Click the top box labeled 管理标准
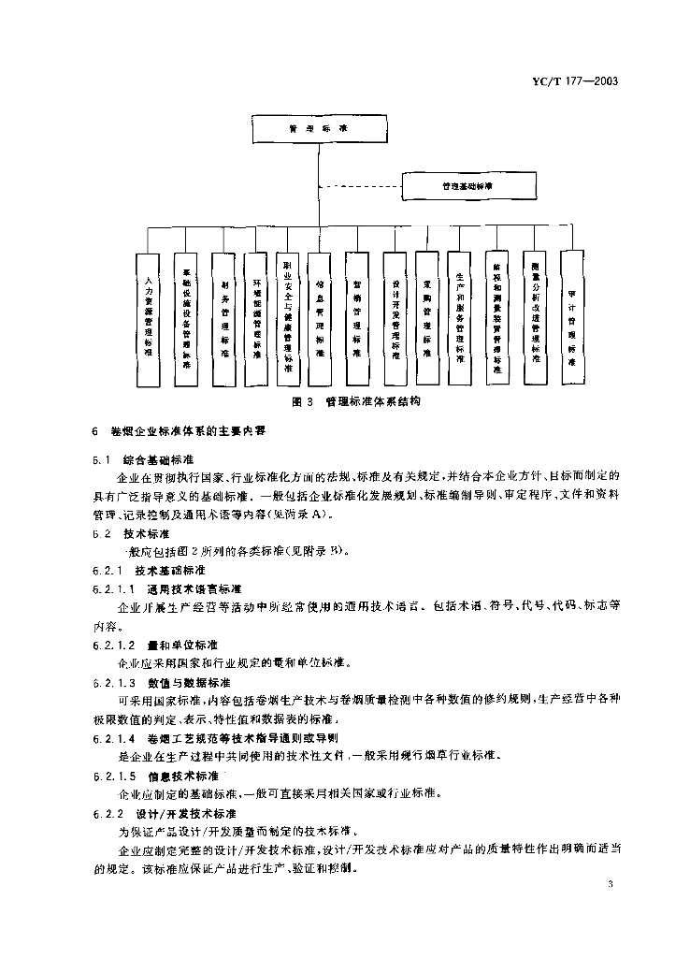(x=319, y=128)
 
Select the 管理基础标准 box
(x=468, y=186)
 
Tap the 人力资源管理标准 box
(x=148, y=318)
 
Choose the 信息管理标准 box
(x=320, y=316)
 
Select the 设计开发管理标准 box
(x=395, y=316)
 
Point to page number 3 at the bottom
(x=610, y=885)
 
